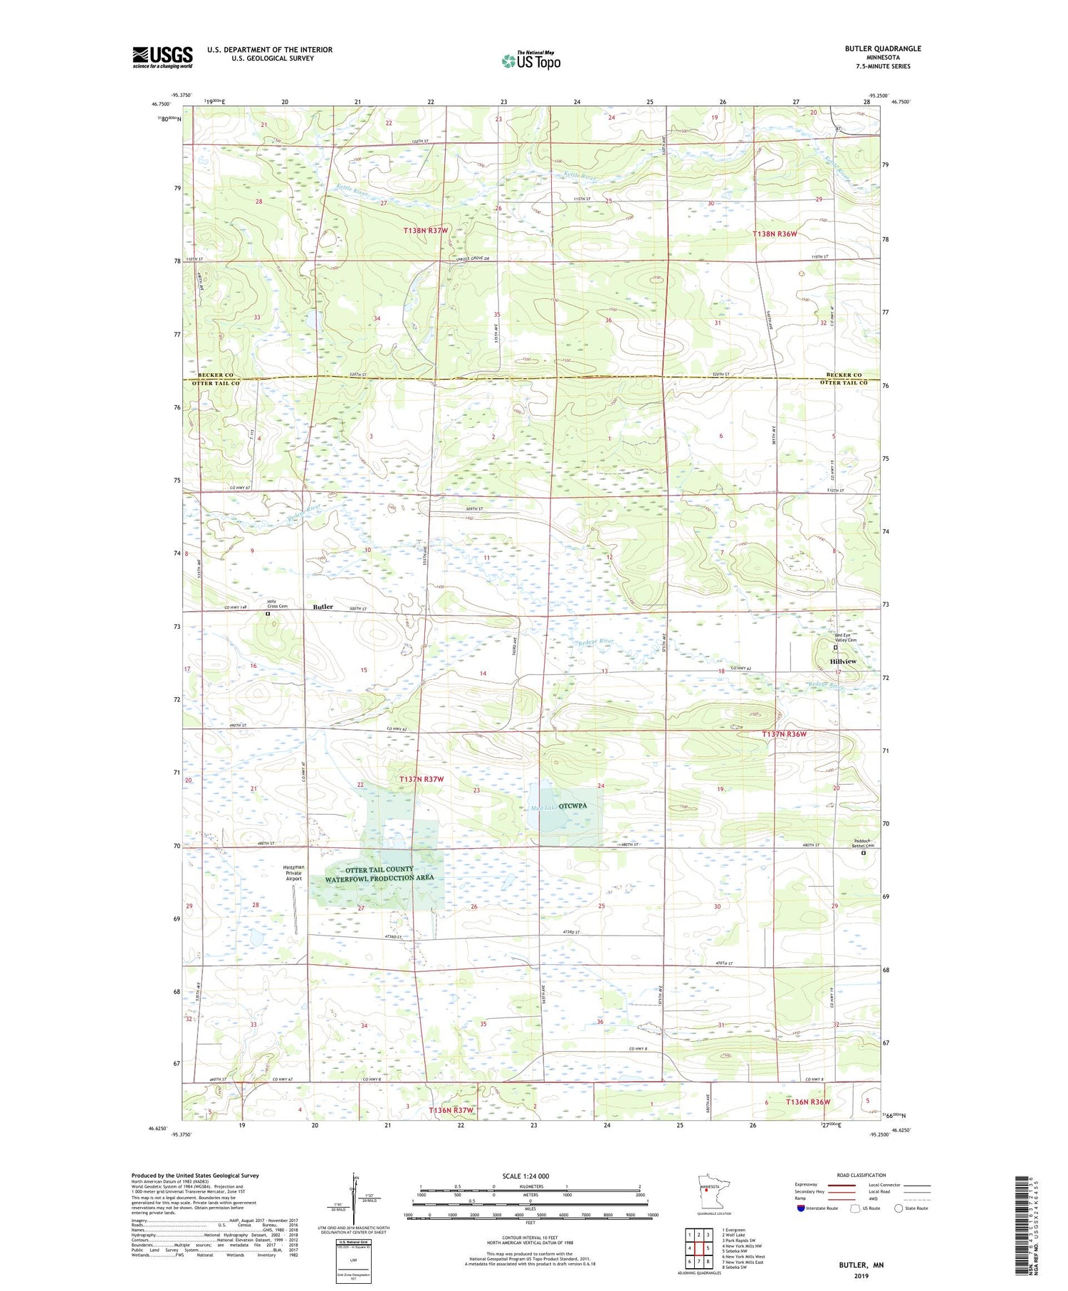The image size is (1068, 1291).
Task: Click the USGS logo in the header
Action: (x=162, y=57)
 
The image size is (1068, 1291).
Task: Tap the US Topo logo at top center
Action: (x=530, y=61)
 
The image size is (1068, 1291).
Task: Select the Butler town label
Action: (x=323, y=607)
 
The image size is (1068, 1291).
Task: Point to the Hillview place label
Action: (x=843, y=662)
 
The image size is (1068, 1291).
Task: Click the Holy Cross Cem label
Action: (x=277, y=604)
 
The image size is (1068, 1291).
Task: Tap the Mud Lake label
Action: (x=543, y=807)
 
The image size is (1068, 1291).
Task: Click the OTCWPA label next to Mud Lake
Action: (x=573, y=805)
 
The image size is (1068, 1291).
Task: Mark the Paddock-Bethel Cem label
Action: (x=869, y=842)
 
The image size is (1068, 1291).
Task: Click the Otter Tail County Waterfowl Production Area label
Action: (x=379, y=874)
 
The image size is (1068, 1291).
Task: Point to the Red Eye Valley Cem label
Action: (x=846, y=637)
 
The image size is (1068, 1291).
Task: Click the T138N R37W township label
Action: (x=426, y=231)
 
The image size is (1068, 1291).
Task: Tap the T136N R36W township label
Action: (x=808, y=1102)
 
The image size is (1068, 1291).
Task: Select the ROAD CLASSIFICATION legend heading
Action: (x=862, y=1175)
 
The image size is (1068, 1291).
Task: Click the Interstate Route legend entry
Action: (x=819, y=1208)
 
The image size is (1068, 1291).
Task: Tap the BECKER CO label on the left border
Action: (x=216, y=375)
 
